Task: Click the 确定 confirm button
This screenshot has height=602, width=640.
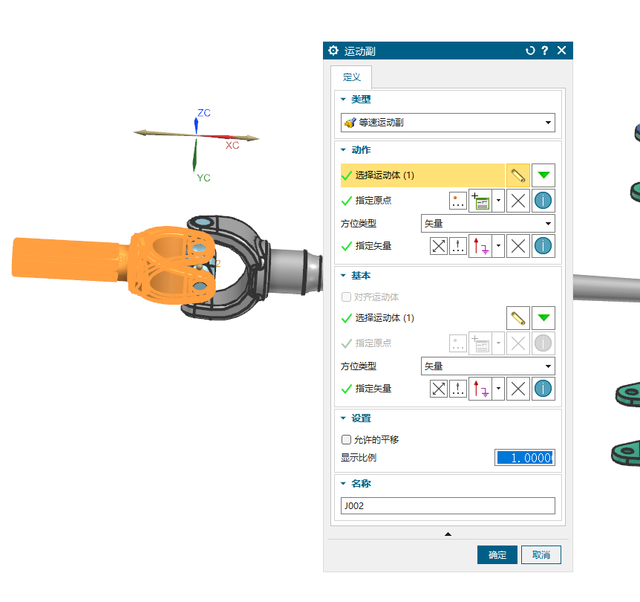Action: [497, 554]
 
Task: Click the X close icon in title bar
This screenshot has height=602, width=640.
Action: [561, 51]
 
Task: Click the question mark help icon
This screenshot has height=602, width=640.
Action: [544, 51]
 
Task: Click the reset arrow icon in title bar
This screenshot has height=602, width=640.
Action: [530, 51]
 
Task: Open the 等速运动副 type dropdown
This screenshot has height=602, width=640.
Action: [448, 123]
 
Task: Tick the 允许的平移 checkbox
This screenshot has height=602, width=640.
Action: [346, 439]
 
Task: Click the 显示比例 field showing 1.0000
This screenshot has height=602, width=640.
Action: [525, 458]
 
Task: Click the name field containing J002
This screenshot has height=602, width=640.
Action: [448, 505]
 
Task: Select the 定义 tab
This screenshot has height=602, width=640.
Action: [351, 77]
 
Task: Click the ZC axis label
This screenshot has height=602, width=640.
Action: [204, 113]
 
